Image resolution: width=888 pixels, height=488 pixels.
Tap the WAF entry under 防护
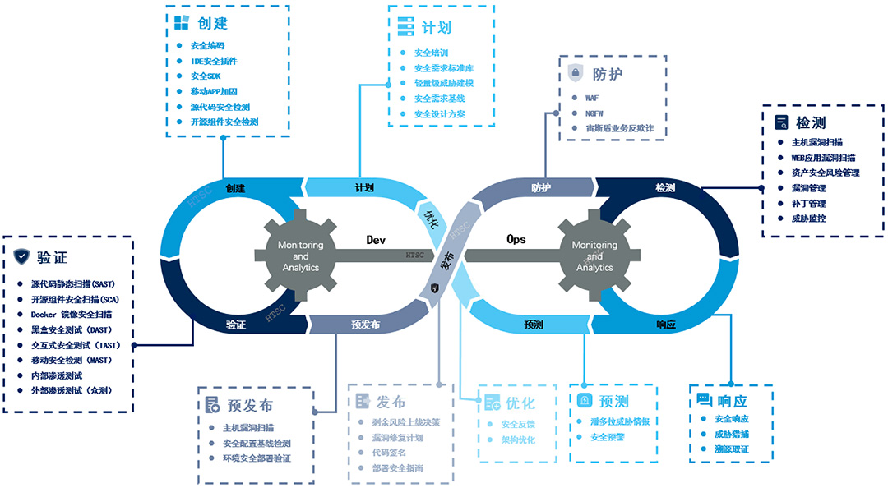(x=591, y=97)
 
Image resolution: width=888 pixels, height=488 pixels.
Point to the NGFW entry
(x=594, y=113)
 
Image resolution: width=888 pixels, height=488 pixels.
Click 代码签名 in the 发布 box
(x=391, y=453)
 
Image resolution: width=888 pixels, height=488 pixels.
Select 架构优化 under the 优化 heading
(x=517, y=440)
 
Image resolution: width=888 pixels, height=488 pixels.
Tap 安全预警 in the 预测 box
(x=608, y=437)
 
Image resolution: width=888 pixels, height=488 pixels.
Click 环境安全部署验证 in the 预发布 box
(x=257, y=458)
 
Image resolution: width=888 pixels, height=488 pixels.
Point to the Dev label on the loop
(x=376, y=240)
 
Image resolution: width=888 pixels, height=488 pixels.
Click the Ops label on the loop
(x=516, y=240)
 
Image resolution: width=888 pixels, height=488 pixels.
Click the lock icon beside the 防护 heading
(x=575, y=73)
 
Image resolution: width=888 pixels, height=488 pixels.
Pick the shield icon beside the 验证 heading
(x=21, y=256)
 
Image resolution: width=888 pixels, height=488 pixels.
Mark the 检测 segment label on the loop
(x=665, y=188)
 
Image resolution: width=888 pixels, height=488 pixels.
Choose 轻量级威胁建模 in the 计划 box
(x=443, y=83)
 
